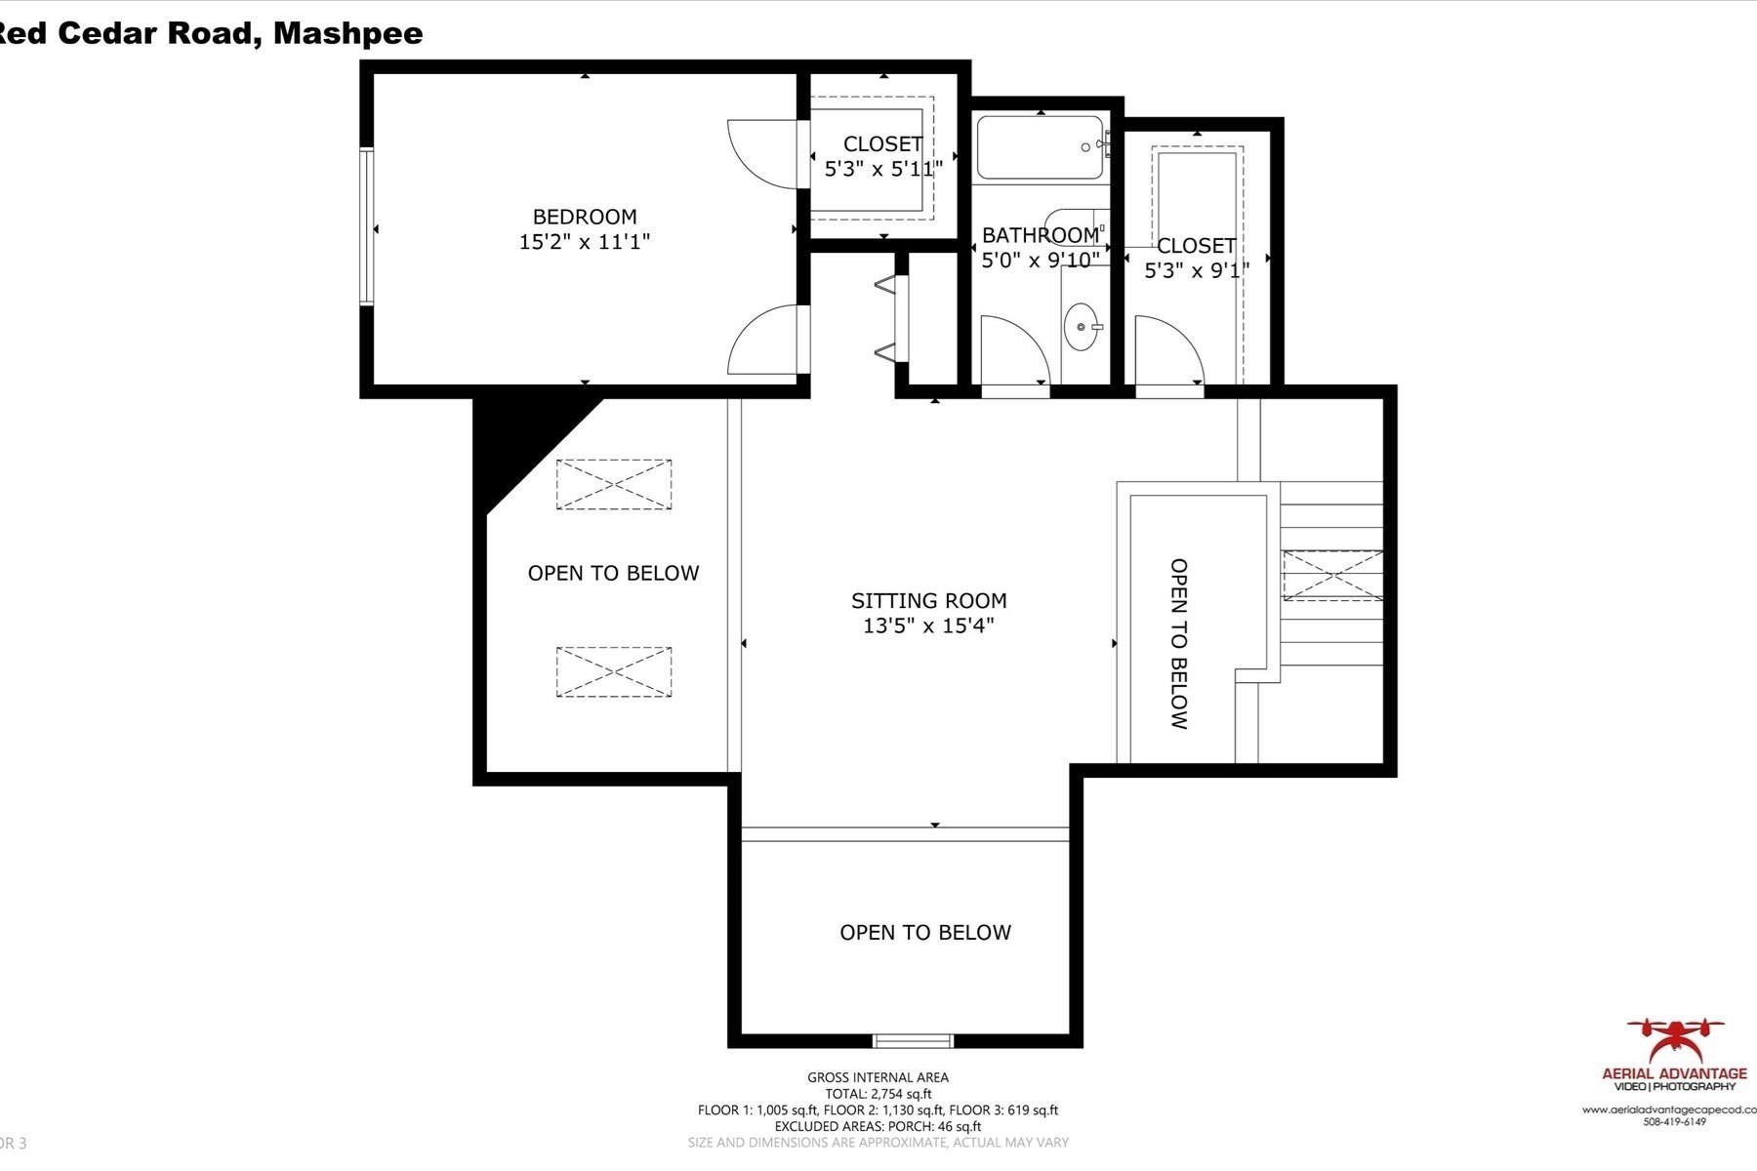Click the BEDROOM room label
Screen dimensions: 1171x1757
[584, 217]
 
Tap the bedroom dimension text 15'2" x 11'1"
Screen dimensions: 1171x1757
[584, 242]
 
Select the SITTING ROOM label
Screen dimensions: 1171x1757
[928, 601]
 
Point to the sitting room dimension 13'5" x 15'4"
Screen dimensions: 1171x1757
[928, 626]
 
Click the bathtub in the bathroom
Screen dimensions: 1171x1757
[1040, 148]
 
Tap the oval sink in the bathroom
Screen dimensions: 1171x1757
[1081, 326]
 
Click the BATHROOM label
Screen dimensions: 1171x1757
[1040, 235]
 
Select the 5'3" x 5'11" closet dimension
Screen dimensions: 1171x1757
[882, 169]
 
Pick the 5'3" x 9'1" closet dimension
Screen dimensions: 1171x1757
[1196, 270]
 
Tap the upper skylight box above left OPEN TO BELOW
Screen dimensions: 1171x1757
[614, 484]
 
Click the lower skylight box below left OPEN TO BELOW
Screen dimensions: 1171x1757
[614, 671]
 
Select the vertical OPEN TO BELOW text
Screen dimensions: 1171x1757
[1179, 644]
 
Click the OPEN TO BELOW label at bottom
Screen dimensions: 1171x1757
[925, 933]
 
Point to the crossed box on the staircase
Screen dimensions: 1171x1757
[1332, 576]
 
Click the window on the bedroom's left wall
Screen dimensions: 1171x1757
[367, 226]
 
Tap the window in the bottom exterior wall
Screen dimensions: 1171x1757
[913, 1040]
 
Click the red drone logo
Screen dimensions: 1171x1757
[1675, 1040]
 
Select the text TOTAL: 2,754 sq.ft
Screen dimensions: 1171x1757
[878, 1094]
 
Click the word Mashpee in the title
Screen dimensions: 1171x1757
[348, 33]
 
